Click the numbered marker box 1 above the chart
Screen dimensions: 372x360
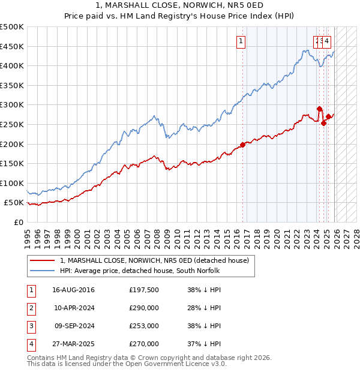(241, 41)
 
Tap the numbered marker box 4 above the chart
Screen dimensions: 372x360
(328, 41)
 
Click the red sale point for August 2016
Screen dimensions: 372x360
(242, 145)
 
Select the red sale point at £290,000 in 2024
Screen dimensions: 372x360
(320, 109)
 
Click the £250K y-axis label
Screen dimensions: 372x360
(12, 124)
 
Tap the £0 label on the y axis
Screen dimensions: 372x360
(18, 222)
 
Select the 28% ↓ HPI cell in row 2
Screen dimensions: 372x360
(204, 308)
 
